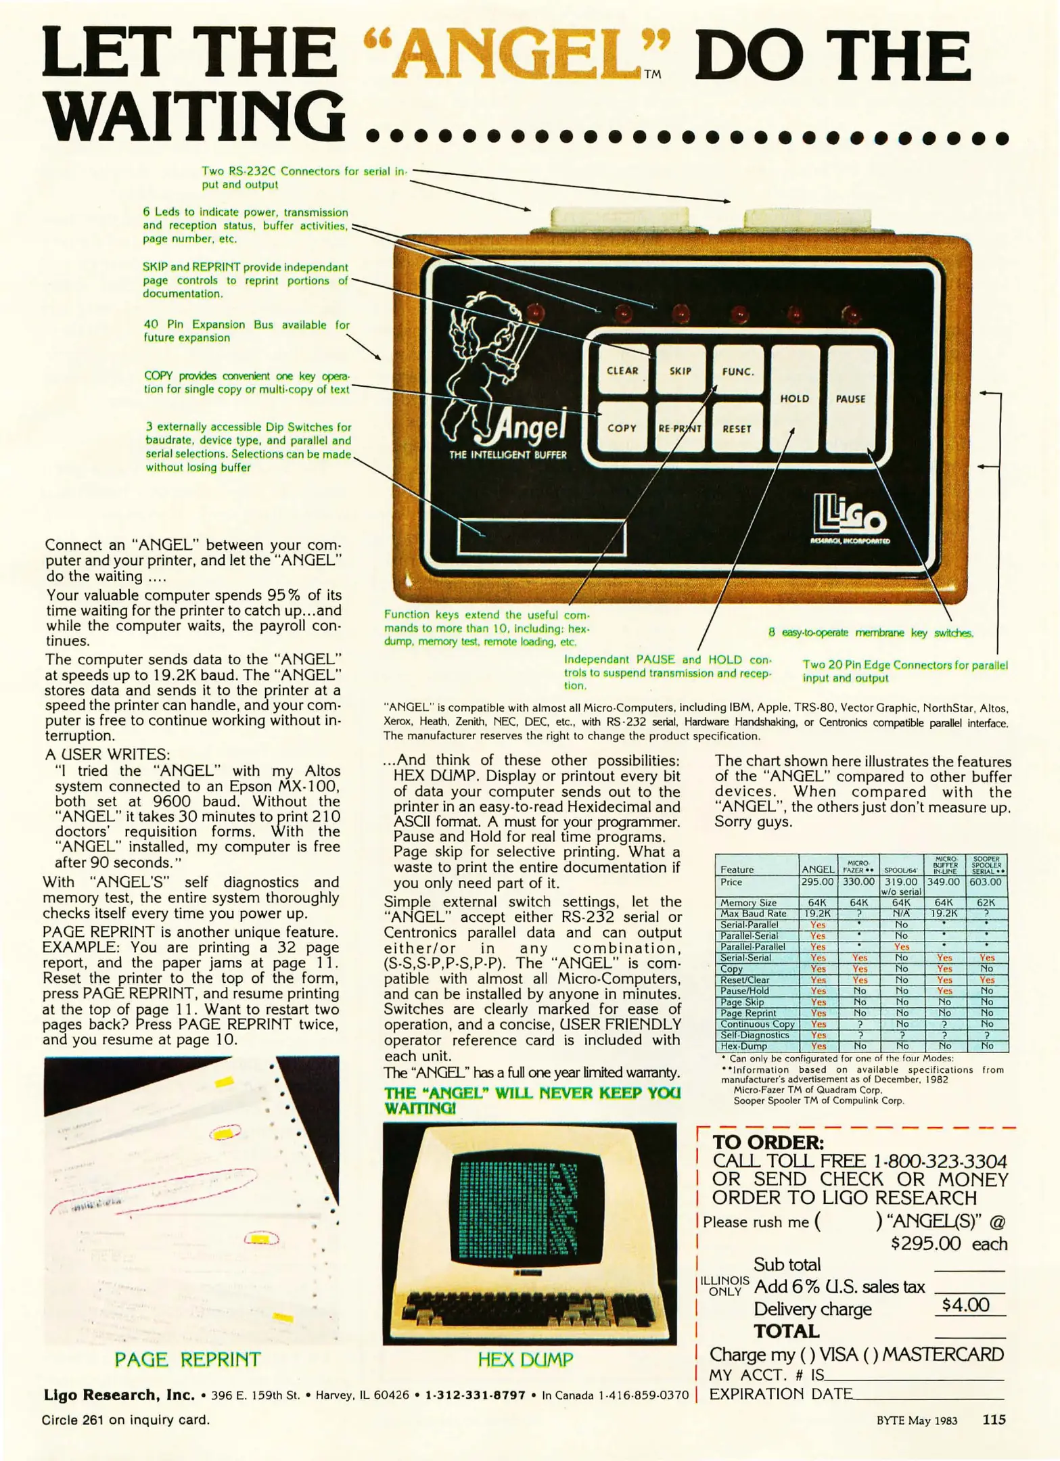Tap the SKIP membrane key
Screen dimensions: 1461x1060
pos(680,371)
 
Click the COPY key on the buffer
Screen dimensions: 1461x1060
pos(622,428)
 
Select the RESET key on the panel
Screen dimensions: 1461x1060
pos(737,429)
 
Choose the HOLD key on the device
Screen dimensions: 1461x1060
pos(795,399)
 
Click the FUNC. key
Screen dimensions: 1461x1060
pos(737,371)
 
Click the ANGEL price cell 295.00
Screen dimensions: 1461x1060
pos(817,883)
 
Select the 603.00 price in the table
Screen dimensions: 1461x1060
pos(986,883)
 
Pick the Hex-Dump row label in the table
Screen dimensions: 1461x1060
pos(744,1046)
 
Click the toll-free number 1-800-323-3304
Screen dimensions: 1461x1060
pos(940,1162)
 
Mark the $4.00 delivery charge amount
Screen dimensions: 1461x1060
pos(965,1305)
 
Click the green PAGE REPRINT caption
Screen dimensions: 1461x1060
pos(187,1360)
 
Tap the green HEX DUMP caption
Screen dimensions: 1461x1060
pos(526,1360)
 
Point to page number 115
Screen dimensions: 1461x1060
pos(994,1420)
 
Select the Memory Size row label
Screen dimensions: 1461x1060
pos(748,903)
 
